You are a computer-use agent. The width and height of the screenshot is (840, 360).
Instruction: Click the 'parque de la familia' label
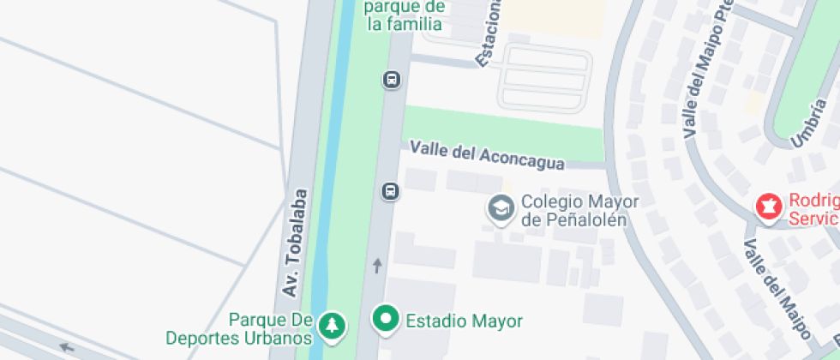[405, 15]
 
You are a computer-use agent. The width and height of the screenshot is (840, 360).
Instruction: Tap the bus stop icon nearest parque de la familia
[391, 80]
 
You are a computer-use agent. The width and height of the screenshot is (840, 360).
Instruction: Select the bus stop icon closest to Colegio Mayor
[390, 190]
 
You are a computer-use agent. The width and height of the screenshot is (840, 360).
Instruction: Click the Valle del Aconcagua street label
[487, 156]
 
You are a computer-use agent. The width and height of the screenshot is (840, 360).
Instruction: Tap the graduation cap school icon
[499, 207]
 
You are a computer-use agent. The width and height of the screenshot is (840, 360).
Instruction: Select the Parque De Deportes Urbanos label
[270, 328]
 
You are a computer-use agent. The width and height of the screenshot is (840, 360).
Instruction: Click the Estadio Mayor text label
[464, 321]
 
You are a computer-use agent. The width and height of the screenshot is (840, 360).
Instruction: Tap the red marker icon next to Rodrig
[768, 206]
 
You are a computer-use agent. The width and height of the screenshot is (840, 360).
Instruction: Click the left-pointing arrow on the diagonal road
[66, 347]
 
